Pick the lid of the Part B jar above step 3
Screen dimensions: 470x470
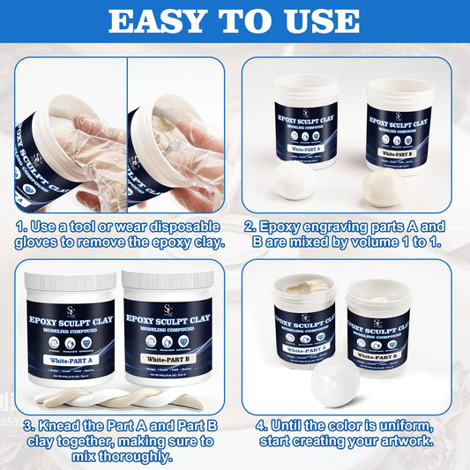click(168, 282)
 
